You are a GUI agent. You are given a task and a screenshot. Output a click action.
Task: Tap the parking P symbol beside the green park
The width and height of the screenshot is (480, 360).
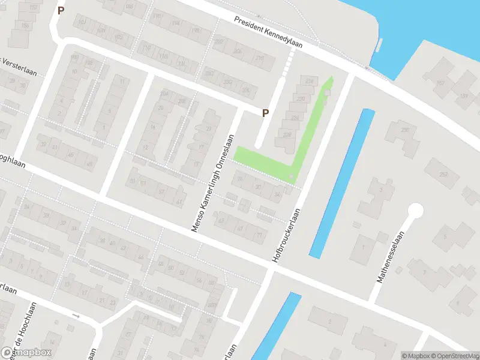(265, 112)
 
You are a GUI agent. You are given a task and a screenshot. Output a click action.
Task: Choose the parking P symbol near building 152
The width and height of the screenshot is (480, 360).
(60, 10)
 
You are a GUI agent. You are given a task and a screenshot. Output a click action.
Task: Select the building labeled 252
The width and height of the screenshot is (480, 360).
(444, 174)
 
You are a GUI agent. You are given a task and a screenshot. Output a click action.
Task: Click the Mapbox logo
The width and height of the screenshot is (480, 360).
(26, 352)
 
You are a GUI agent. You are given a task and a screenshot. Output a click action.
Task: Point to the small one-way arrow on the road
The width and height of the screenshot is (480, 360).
(76, 316)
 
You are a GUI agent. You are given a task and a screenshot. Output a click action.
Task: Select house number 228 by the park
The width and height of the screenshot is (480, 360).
(287, 135)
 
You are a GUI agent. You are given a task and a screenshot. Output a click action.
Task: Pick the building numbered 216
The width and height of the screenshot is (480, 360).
(310, 81)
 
